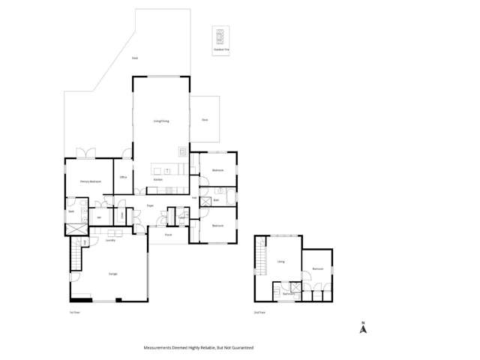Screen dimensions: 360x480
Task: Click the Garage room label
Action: click(x=112, y=274)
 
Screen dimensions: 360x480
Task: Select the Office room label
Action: click(x=123, y=178)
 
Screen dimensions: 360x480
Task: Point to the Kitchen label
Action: click(x=158, y=180)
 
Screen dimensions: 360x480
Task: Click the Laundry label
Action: click(x=110, y=241)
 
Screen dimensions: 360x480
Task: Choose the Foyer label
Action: click(x=150, y=204)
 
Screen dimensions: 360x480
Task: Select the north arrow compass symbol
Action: click(x=363, y=327)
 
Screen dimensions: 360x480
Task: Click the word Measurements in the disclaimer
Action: click(x=160, y=348)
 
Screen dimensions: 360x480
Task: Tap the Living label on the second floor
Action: click(x=281, y=262)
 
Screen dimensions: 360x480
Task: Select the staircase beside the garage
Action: click(x=74, y=255)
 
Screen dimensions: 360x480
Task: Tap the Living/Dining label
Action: click(x=161, y=120)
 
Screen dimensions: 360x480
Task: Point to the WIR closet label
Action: click(x=99, y=218)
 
